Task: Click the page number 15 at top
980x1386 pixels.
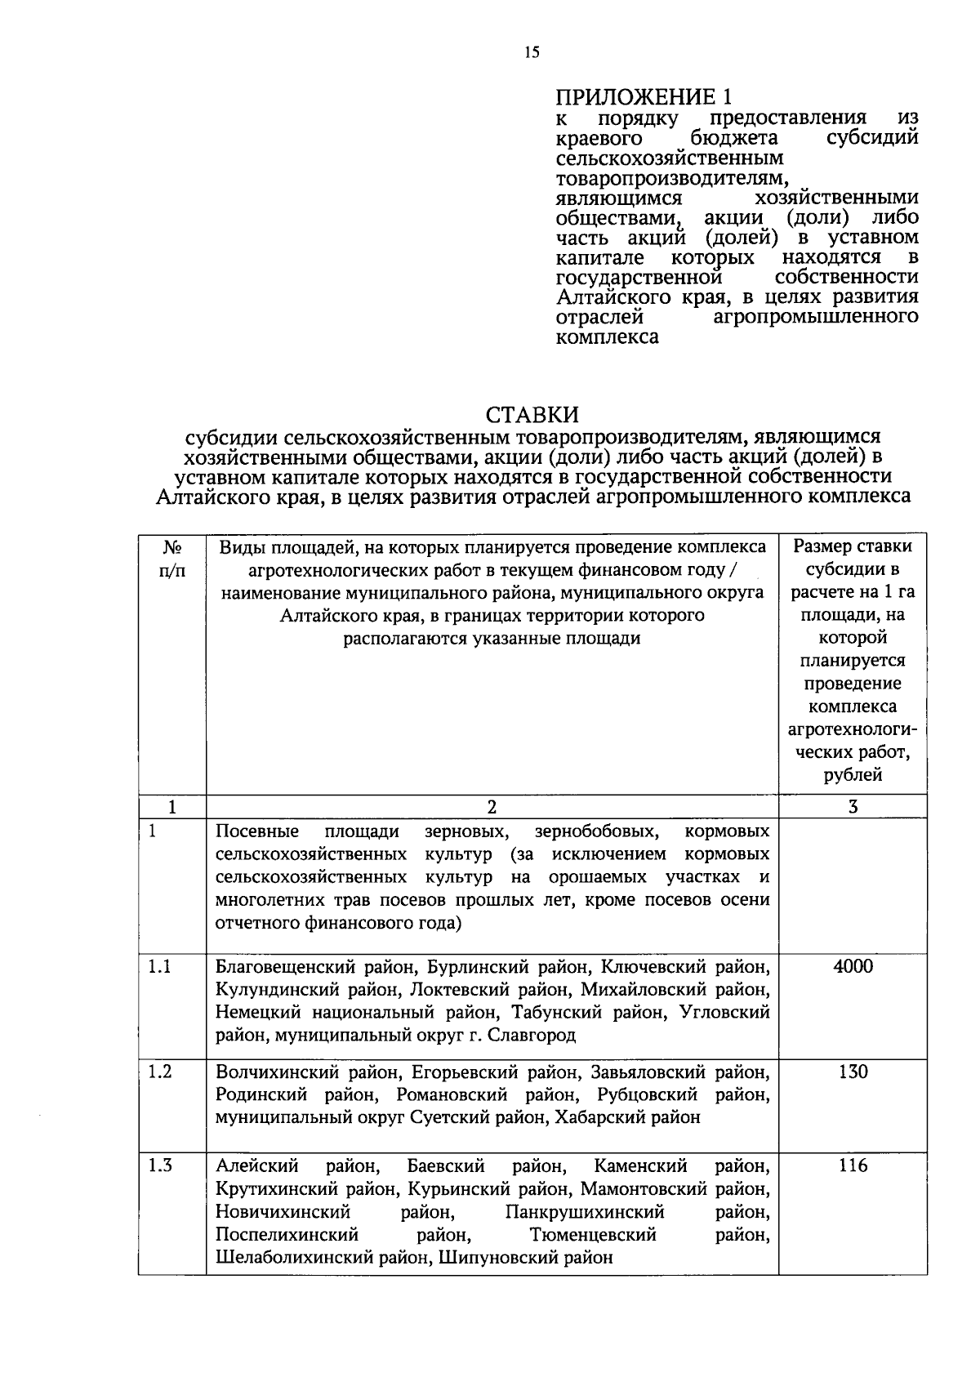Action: tap(532, 53)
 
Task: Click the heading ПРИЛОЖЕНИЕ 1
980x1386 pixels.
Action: tap(644, 97)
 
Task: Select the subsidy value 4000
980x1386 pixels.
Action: tap(853, 967)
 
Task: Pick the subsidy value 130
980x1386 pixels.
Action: tap(853, 1072)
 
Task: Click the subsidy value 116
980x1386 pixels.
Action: tap(853, 1166)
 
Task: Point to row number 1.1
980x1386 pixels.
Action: tap(160, 967)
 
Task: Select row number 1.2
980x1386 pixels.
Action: tap(160, 1072)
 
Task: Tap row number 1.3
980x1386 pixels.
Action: tap(160, 1166)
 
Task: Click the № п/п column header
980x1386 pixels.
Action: tap(171, 559)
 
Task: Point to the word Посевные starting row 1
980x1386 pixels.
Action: tap(257, 831)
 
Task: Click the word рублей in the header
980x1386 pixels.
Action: tap(853, 775)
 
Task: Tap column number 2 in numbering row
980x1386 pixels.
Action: tap(492, 808)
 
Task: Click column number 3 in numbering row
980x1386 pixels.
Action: tap(853, 808)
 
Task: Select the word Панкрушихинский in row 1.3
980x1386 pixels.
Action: tap(584, 1212)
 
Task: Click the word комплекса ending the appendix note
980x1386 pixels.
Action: tap(607, 336)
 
